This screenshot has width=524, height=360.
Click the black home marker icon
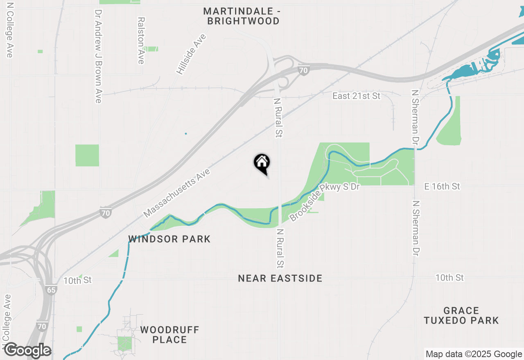(262, 163)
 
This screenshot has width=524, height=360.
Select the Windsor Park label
(169, 239)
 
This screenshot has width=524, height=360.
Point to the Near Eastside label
(280, 279)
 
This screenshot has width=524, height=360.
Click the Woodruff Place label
(169, 335)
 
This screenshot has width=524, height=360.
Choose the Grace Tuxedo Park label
(461, 315)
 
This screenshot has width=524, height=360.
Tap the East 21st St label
(356, 96)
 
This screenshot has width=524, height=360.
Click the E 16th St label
(442, 187)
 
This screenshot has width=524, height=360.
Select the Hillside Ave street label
(191, 54)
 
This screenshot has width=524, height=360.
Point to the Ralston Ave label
(141, 40)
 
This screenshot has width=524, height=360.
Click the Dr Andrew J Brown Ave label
(98, 56)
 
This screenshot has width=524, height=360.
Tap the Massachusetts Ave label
(177, 193)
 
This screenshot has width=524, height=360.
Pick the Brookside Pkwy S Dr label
(325, 202)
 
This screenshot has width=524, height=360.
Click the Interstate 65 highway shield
(51, 290)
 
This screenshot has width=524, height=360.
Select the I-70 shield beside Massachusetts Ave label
(106, 213)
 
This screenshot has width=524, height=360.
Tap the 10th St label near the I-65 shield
(77, 280)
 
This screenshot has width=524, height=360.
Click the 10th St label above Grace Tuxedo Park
(449, 278)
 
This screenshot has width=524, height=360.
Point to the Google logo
(27, 351)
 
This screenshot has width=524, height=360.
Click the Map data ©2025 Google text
(474, 354)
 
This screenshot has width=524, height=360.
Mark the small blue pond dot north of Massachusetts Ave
(185, 133)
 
